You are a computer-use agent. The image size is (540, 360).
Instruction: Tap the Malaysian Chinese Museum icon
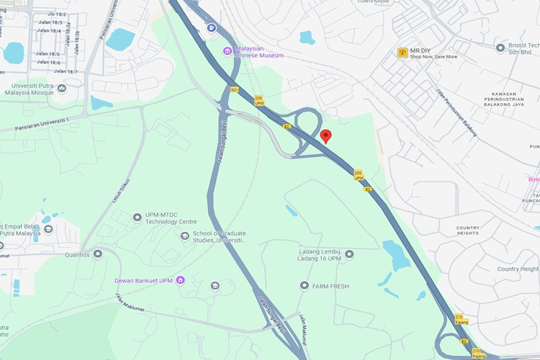[228, 50]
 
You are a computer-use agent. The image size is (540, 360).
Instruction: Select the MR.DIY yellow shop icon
[402, 53]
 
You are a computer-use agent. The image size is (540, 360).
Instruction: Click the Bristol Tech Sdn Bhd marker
[500, 48]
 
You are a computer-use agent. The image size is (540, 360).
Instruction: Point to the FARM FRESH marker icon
[304, 286]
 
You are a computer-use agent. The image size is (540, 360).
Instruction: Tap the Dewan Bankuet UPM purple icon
[180, 280]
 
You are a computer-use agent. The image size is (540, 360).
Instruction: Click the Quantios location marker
[97, 253]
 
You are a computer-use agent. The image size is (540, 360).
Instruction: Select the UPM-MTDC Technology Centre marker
[137, 217]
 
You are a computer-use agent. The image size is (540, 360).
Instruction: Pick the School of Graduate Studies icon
[184, 235]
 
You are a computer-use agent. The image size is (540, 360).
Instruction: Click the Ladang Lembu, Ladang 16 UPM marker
[349, 254]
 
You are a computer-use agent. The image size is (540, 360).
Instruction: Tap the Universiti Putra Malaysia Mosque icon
[61, 89]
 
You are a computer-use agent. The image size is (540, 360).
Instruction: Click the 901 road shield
[234, 90]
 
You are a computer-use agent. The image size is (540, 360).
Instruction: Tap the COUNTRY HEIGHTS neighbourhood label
[467, 230]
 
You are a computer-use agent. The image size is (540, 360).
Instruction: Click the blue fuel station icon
[211, 28]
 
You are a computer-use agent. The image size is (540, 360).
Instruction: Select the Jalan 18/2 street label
[55, 14]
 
